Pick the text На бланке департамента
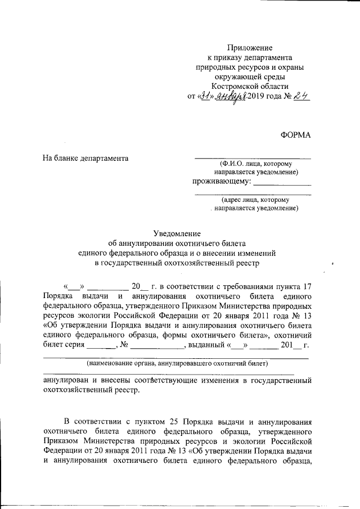click(x=86, y=158)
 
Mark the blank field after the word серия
click(x=102, y=346)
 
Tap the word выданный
click(x=206, y=345)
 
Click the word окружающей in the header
click(x=232, y=77)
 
